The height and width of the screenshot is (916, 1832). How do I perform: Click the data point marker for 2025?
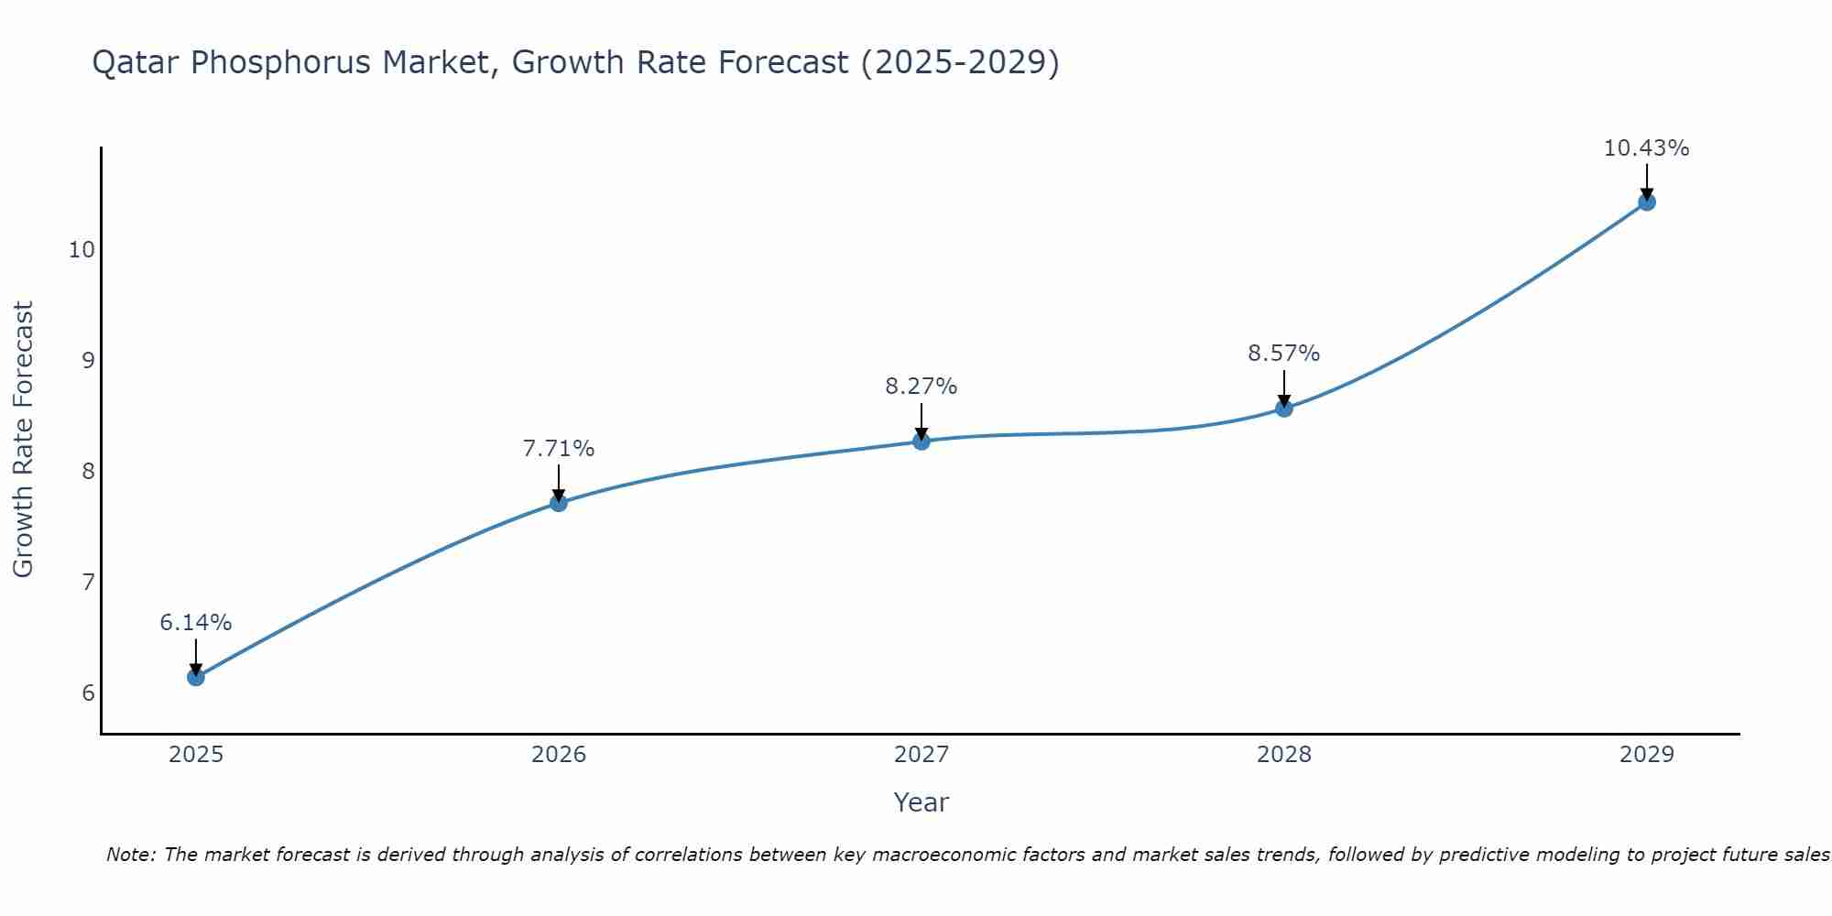pos(196,677)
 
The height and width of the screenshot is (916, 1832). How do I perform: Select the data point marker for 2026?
pos(559,502)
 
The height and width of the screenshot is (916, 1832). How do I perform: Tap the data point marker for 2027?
pos(921,442)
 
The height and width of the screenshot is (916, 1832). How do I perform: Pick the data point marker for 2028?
pos(1284,409)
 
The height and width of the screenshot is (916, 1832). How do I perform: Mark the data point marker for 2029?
pos(1647,202)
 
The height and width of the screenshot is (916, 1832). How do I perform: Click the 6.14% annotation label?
pos(196,623)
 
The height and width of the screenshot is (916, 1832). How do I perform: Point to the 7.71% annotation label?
pos(559,449)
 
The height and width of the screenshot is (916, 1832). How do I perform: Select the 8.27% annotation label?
pos(921,387)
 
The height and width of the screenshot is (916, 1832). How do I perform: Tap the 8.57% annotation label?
pos(1284,354)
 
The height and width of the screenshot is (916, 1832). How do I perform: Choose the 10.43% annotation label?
pos(1647,148)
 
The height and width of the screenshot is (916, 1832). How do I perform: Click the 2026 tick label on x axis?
pos(559,755)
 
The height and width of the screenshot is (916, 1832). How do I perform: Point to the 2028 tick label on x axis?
pos(1284,755)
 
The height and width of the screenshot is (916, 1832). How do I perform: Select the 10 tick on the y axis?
pos(82,249)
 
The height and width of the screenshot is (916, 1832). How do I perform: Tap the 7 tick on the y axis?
pos(88,582)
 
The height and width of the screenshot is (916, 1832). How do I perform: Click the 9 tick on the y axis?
pos(88,360)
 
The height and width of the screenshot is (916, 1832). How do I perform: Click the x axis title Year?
pos(921,802)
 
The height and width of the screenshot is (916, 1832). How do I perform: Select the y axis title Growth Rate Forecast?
pos(23,440)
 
